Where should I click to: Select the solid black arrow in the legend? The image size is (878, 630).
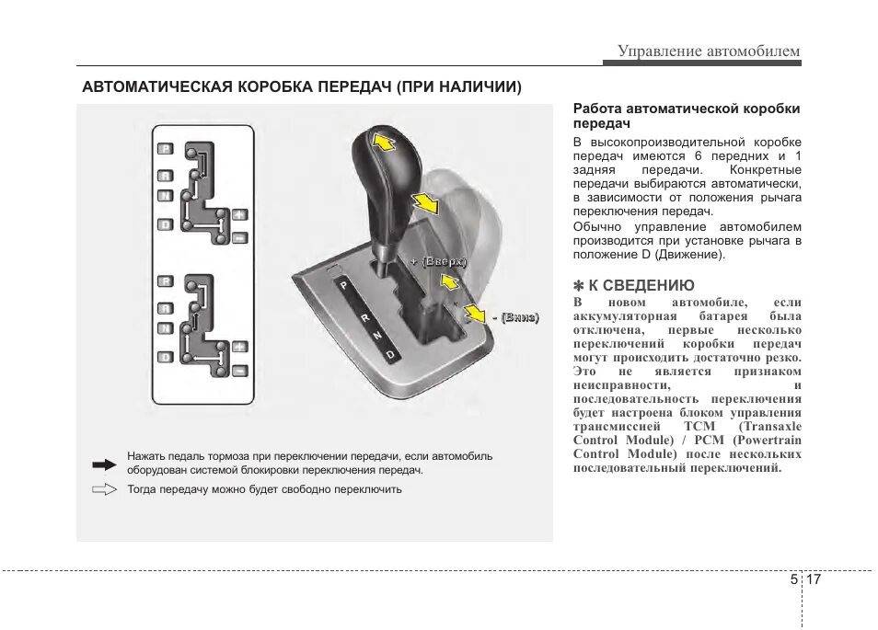point(106,463)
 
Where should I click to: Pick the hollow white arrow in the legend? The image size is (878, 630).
point(106,489)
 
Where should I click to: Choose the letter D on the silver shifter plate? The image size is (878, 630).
point(390,354)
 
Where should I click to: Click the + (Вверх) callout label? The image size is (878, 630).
point(439,262)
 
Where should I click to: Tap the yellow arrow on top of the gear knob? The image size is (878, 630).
point(383,141)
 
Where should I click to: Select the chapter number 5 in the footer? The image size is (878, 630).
point(793,580)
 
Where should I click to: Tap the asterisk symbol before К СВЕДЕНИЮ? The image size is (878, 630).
point(579,286)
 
